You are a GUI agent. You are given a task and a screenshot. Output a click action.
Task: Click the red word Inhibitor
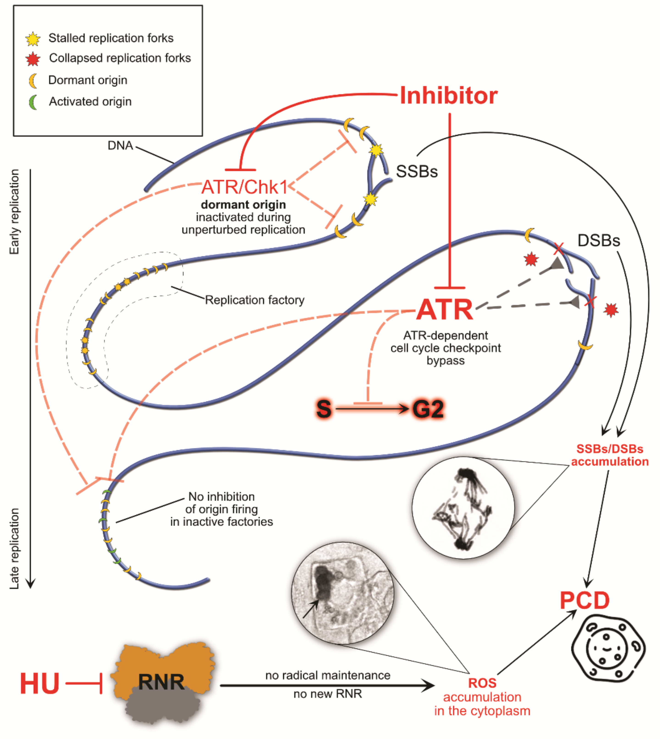pos(448,96)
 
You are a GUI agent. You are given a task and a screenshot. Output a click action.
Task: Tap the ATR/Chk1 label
pos(245,187)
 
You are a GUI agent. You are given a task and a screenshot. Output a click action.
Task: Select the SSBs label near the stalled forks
pos(417,171)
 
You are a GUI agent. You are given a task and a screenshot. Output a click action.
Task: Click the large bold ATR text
pos(445,310)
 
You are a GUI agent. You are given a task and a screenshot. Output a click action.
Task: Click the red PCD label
pos(585,601)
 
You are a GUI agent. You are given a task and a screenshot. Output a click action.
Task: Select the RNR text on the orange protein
pos(161,682)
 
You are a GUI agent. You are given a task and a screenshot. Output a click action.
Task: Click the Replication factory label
pos(255,300)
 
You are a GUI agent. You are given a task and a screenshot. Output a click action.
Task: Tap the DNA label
pos(120,146)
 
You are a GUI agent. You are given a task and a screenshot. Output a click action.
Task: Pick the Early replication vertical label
pos(14,212)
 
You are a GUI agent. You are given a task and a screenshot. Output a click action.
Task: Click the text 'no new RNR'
pos(327,694)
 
